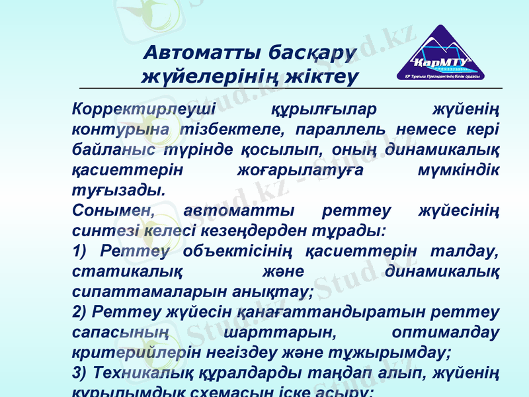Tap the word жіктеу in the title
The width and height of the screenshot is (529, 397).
click(x=324, y=77)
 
